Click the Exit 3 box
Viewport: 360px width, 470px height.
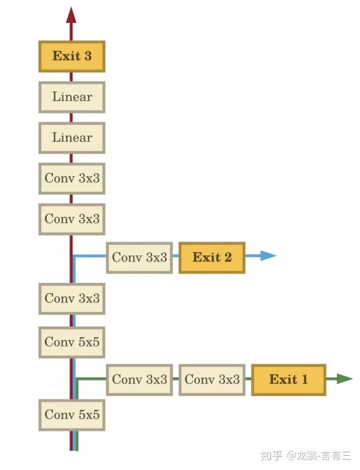72,56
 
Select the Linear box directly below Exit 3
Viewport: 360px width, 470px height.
72,97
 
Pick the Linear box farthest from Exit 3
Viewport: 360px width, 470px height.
72,137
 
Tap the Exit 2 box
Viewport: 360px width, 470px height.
212,258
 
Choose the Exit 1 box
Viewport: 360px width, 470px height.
288,379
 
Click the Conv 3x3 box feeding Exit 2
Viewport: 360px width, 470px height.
139,258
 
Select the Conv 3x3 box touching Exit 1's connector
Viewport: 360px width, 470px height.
212,379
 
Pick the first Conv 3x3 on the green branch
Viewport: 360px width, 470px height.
139,379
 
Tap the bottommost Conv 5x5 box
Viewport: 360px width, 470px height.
72,414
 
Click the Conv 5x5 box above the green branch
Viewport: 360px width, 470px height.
72,342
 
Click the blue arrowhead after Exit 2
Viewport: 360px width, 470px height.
268,256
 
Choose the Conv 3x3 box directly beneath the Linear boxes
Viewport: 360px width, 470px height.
72,178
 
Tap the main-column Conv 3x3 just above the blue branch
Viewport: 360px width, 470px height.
72,219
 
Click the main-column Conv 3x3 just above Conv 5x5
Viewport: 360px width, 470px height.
72,298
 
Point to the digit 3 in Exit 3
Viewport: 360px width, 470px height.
88,56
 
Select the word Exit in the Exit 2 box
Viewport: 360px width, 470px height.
206,258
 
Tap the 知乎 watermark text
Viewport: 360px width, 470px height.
271,455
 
